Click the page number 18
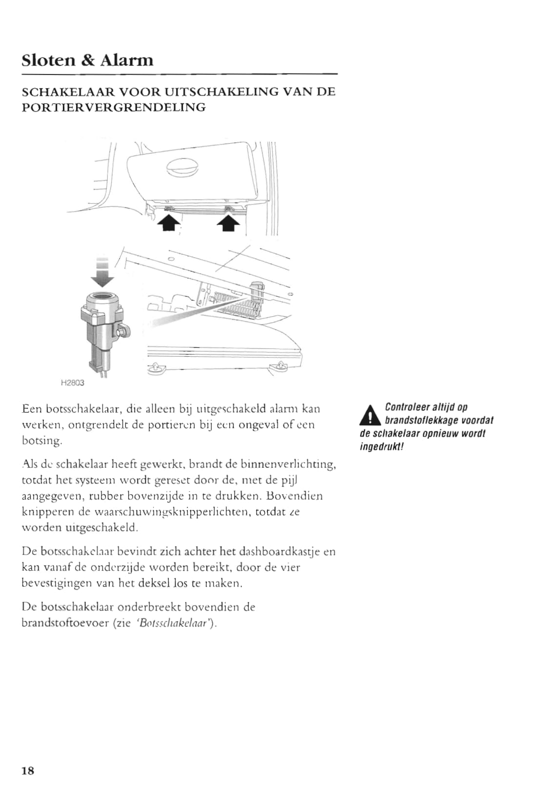pos(28,771)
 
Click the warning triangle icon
pos(370,415)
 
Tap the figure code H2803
pos(72,383)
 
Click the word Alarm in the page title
pos(127,60)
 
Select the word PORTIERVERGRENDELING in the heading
pos(114,107)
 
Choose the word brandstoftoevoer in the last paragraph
pos(65,623)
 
